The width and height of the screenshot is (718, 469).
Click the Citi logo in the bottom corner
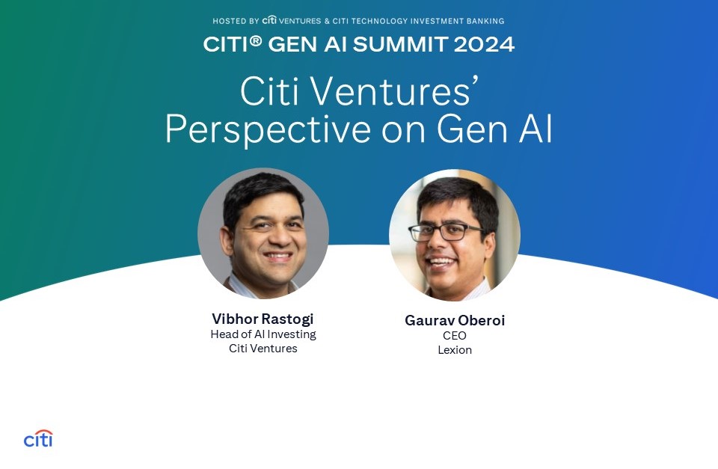click(x=38, y=438)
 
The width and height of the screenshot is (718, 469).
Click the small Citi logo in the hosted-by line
click(x=269, y=20)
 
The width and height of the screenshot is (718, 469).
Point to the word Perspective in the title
click(x=268, y=129)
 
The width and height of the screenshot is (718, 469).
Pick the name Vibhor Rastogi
click(x=263, y=319)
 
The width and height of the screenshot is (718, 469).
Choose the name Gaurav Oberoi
click(x=455, y=320)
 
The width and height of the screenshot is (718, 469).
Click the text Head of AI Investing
click(x=263, y=334)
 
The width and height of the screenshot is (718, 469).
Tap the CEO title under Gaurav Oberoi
click(x=455, y=336)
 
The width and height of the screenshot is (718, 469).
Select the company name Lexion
click(x=455, y=350)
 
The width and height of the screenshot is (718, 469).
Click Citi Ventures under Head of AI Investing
click(x=263, y=349)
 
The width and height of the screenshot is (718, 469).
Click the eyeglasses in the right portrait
click(x=445, y=232)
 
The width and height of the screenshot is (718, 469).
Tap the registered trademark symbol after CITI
click(x=256, y=40)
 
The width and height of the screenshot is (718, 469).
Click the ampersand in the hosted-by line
click(x=327, y=21)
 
